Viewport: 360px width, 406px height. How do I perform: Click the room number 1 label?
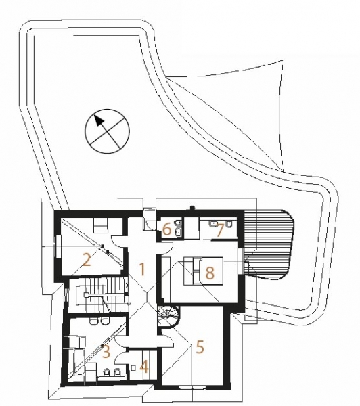(142, 269)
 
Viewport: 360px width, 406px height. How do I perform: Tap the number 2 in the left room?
(87, 260)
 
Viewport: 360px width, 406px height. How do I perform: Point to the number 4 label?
(144, 367)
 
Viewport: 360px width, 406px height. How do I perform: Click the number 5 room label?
(200, 347)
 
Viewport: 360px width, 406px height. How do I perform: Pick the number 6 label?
(167, 229)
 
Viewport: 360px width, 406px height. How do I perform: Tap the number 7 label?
(220, 231)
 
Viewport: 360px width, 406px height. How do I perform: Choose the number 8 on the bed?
(210, 273)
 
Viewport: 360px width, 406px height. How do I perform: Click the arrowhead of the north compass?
(98, 120)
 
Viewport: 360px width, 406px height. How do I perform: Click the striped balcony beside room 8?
(269, 244)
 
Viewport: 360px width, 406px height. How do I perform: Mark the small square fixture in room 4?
(133, 367)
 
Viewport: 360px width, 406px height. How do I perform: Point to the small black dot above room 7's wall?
(192, 208)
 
